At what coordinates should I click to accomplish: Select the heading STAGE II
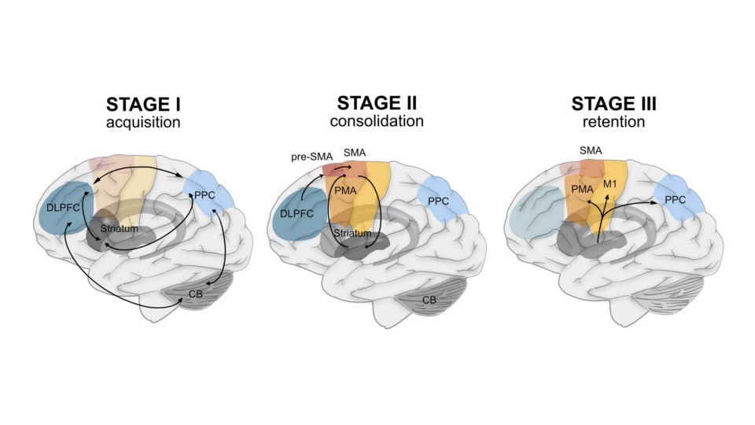point(377,103)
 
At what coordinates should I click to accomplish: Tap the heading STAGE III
point(614,105)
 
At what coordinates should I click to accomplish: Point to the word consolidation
point(377,121)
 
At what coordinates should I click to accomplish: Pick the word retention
point(614,123)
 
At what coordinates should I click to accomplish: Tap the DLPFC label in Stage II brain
point(296,213)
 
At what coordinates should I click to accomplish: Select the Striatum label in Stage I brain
point(118,228)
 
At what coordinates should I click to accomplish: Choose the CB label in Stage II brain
point(429,300)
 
